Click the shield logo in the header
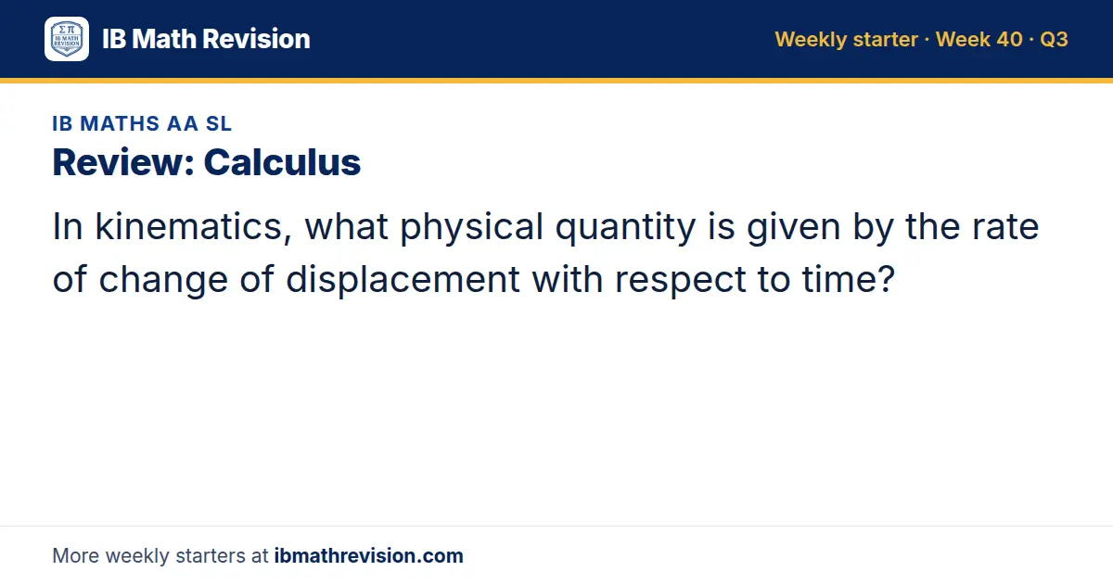tap(67, 39)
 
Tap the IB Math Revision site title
tap(206, 39)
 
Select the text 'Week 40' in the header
tap(979, 39)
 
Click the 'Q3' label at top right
tap(1054, 39)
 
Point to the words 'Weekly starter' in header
tap(846, 39)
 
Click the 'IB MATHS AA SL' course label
tap(142, 123)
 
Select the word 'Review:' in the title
tap(123, 162)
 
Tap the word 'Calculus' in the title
tap(282, 162)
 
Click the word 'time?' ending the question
tap(848, 279)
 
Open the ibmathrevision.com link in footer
tap(369, 555)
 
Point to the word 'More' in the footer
tap(75, 555)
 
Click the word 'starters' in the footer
tap(211, 555)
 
